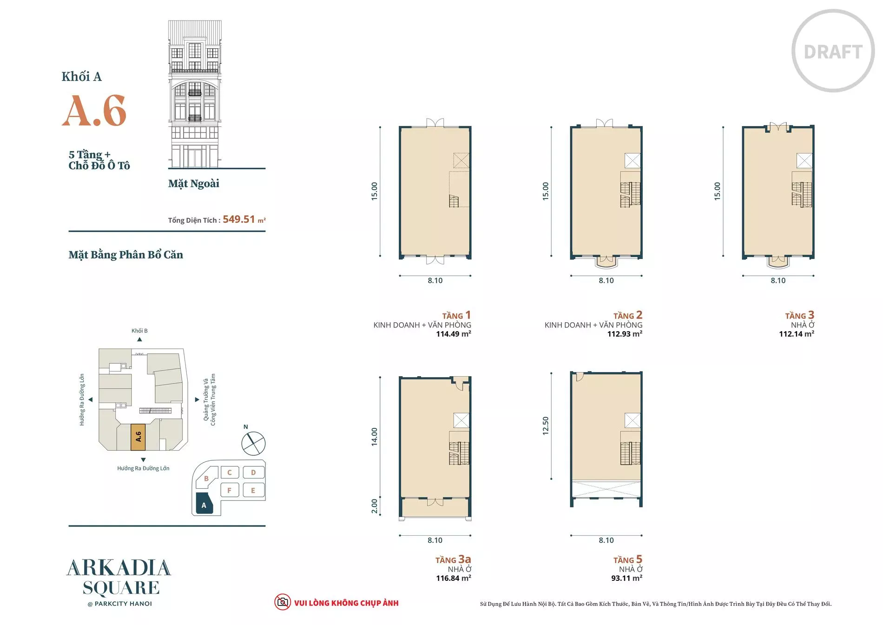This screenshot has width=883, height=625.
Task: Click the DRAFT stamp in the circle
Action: (833, 52)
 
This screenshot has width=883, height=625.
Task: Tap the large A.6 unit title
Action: (94, 111)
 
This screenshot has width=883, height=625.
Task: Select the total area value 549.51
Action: (239, 219)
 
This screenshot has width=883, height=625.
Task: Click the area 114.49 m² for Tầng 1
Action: (453, 334)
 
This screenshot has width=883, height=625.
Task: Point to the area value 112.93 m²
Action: (625, 334)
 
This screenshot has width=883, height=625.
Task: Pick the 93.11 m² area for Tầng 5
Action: (626, 578)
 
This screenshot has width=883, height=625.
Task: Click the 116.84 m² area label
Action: (453, 578)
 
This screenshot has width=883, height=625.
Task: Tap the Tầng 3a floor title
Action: (453, 559)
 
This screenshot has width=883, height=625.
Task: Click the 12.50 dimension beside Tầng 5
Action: (546, 426)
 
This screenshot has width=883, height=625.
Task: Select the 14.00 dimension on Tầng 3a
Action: (375, 437)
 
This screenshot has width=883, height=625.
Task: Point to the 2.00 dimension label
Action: (375, 506)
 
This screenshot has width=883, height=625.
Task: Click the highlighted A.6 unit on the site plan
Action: (138, 437)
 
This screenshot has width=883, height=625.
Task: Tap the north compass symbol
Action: (253, 443)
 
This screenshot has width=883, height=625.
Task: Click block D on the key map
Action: (253, 472)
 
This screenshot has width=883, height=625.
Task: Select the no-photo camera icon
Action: (282, 602)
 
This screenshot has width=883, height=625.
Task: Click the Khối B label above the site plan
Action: (139, 331)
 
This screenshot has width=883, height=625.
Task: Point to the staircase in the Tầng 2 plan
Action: (631, 189)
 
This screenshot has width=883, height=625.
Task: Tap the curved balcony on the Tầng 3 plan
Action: (778, 262)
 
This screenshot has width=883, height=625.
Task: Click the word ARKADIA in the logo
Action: (119, 568)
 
